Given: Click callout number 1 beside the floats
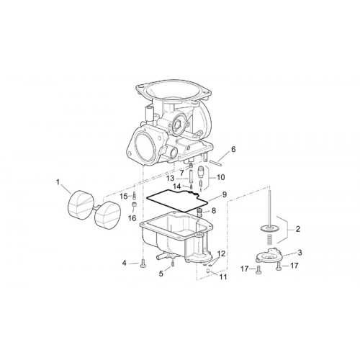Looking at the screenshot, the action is coord(58,182).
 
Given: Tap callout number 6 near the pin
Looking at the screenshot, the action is coord(233,149).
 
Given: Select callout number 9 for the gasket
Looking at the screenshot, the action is coord(224,194).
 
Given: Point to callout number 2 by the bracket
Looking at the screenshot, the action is coord(297,229).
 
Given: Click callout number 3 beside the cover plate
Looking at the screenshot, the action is coord(300,253).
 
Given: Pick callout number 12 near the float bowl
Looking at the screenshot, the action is coord(221,253).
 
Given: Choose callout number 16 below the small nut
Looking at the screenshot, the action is coord(132,218).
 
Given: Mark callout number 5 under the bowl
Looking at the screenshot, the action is coord(161,274).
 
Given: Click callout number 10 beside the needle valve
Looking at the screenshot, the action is coord(220,177).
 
